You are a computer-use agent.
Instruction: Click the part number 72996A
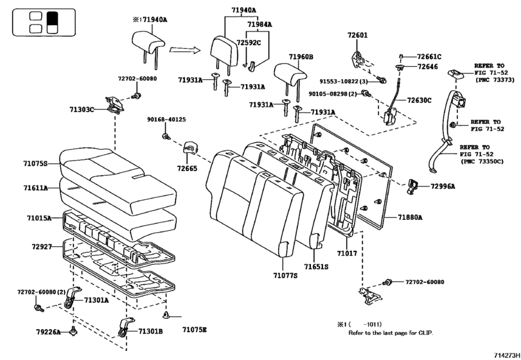(x=443, y=186)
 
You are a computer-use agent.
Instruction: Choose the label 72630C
(x=419, y=100)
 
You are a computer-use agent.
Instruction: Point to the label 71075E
(x=194, y=330)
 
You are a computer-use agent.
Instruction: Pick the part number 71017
(x=348, y=254)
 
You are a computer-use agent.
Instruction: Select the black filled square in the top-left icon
(x=53, y=17)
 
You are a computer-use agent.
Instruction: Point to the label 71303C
(x=82, y=110)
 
